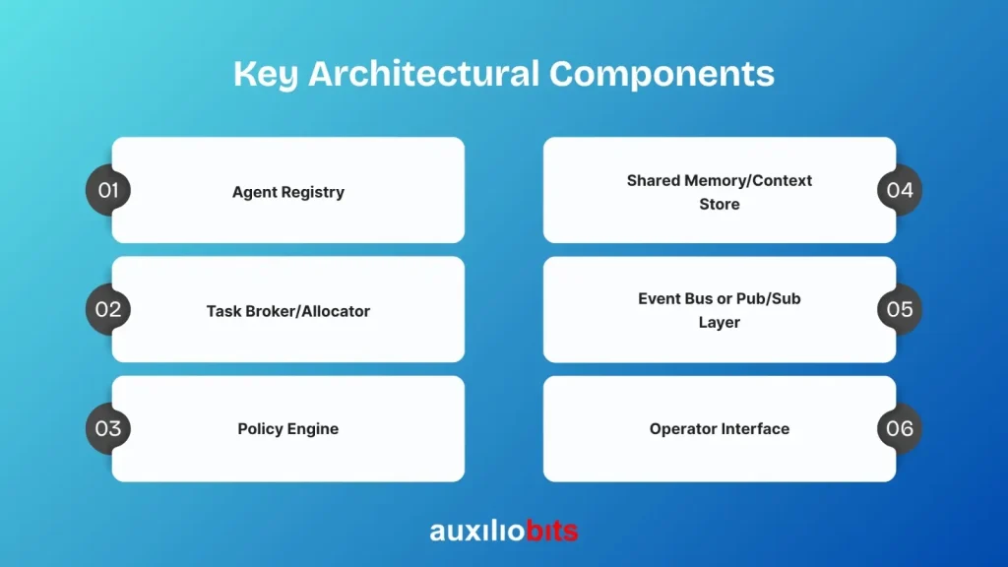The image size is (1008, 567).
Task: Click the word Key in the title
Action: [x=266, y=74]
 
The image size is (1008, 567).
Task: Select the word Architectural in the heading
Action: [x=423, y=73]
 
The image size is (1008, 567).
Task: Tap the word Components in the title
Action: [x=661, y=74]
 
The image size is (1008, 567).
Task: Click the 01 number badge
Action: [x=108, y=190]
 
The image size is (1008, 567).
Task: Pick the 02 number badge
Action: [x=108, y=309]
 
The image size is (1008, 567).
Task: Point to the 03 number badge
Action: [x=108, y=429]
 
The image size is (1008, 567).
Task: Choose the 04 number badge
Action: [x=900, y=190]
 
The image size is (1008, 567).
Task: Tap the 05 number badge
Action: [x=900, y=309]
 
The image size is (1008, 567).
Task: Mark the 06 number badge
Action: [x=900, y=429]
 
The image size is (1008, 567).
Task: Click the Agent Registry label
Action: [x=288, y=192]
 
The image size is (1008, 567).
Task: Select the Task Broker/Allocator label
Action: [x=288, y=311]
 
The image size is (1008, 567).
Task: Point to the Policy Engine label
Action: [x=288, y=429]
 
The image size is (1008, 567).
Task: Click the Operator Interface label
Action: [x=720, y=429]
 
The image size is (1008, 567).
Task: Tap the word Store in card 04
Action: [x=720, y=205]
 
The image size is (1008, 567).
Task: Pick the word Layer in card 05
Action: [x=720, y=322]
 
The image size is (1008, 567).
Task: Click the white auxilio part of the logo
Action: [x=477, y=531]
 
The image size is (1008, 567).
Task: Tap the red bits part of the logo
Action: [x=551, y=531]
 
